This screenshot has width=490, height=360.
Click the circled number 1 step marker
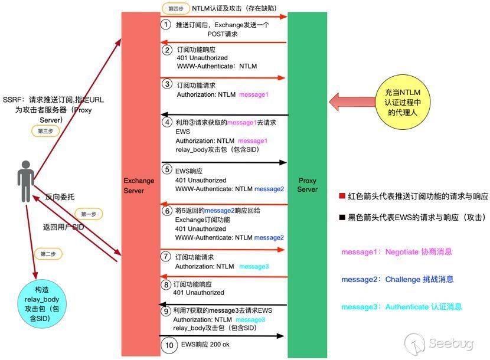click(x=166, y=25)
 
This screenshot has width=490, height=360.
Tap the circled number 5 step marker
click(x=166, y=169)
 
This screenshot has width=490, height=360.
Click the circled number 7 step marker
click(x=166, y=257)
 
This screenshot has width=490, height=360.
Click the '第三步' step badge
click(x=45, y=131)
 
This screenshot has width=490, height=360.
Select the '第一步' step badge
click(x=88, y=214)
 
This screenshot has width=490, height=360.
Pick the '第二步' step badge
click(x=48, y=254)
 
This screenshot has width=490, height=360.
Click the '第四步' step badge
click(x=175, y=9)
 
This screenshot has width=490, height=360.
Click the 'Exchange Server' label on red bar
click(x=139, y=186)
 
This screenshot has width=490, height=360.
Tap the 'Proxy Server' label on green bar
click(x=307, y=185)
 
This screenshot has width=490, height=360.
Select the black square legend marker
click(x=342, y=218)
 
